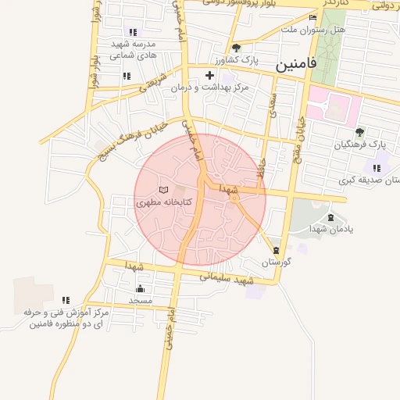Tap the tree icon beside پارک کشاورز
[237, 48]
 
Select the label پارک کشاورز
[237, 60]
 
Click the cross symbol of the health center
[209, 76]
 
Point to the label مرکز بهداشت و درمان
[210, 87]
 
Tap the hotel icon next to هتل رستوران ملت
[313, 17]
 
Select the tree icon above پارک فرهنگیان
[359, 132]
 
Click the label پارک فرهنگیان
[361, 145]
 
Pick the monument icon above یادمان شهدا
[330, 217]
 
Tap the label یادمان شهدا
[331, 229]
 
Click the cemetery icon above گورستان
[276, 250]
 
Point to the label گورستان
[276, 262]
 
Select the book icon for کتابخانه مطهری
[163, 190]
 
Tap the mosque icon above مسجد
[141, 288]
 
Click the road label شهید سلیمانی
[227, 278]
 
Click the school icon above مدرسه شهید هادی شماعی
[133, 32]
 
